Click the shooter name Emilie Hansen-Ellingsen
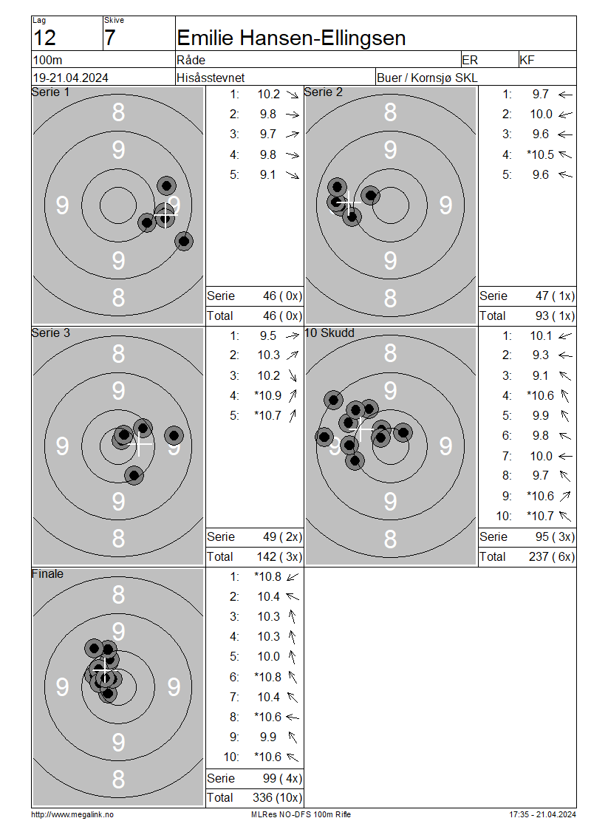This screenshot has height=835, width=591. click(x=291, y=38)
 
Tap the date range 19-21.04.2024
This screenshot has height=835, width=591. click(x=70, y=78)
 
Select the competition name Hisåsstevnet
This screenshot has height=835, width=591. click(x=211, y=78)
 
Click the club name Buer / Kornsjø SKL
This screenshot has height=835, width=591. click(x=427, y=78)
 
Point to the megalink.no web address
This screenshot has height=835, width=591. click(x=72, y=814)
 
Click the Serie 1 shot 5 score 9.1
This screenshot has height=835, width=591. click(x=268, y=174)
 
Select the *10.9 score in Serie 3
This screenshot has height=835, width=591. click(x=268, y=395)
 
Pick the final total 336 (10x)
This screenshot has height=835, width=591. click(x=277, y=798)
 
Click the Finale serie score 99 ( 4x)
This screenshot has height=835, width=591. click(x=282, y=778)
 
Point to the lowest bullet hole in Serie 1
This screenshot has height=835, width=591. click(x=184, y=241)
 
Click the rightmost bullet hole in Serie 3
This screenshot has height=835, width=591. click(x=174, y=436)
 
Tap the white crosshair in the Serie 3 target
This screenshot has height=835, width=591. click(x=140, y=443)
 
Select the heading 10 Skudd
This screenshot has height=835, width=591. click(x=329, y=333)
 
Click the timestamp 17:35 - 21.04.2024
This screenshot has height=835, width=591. click(x=542, y=814)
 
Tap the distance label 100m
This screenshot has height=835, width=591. click(x=47, y=60)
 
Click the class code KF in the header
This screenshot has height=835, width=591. click(x=527, y=60)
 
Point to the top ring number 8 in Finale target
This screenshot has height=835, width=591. click(x=118, y=595)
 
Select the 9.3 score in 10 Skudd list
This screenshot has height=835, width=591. click(x=541, y=355)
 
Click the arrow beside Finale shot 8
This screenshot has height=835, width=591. click(x=293, y=718)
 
